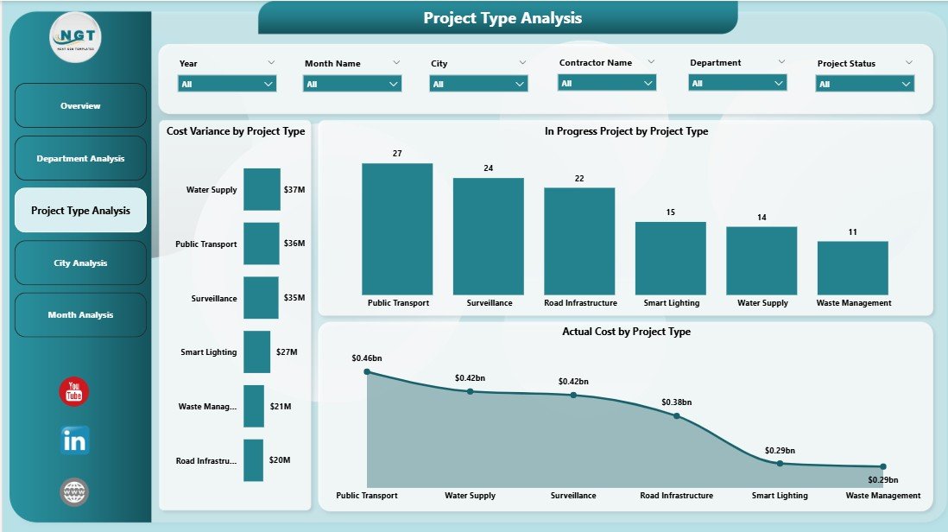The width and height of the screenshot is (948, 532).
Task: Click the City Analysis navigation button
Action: click(80, 263)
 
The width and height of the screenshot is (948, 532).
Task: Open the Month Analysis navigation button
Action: click(80, 315)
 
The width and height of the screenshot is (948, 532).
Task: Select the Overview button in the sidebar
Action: click(80, 105)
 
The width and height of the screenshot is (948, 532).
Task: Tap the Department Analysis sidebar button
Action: click(80, 158)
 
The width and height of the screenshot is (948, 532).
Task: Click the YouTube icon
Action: click(74, 392)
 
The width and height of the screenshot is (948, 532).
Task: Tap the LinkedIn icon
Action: click(74, 441)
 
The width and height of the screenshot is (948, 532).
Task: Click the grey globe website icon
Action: click(74, 492)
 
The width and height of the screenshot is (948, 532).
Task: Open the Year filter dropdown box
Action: click(227, 84)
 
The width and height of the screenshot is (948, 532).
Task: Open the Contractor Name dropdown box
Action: click(607, 83)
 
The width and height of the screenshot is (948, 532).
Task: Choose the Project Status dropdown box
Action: click(864, 84)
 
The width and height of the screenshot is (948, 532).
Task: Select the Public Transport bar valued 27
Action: click(397, 229)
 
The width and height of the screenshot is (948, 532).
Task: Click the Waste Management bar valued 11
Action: click(852, 268)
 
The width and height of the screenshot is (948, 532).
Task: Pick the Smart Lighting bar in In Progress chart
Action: click(670, 258)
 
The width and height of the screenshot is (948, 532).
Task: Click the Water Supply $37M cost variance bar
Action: click(262, 189)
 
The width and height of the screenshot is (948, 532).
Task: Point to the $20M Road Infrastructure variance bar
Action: click(253, 460)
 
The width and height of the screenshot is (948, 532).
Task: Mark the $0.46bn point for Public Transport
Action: click(367, 371)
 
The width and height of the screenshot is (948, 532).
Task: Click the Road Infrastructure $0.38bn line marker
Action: click(676, 415)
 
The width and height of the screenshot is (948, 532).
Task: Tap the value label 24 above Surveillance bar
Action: click(488, 168)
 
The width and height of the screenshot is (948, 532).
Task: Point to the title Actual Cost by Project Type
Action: click(626, 332)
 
